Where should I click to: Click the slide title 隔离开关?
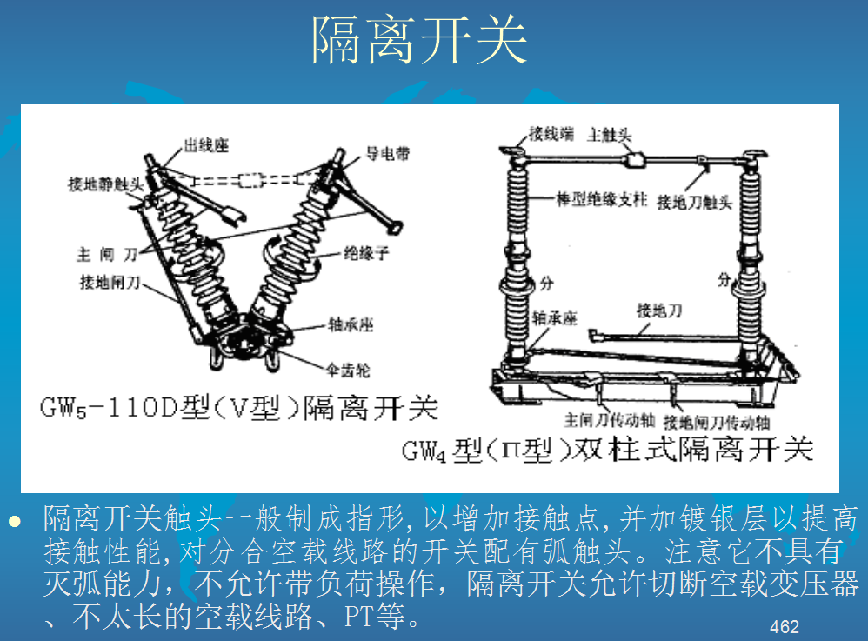[x=420, y=41]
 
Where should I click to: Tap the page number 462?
[x=784, y=626]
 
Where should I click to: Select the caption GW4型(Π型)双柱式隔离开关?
[x=607, y=450]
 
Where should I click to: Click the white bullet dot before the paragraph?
[x=13, y=521]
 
